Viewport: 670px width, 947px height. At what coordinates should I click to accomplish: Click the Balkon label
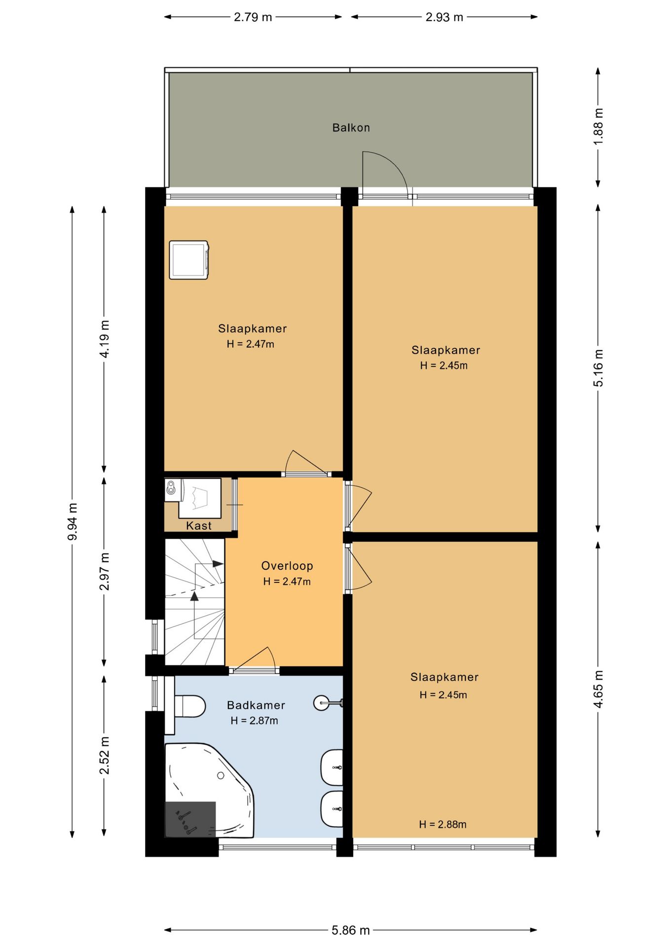tap(351, 128)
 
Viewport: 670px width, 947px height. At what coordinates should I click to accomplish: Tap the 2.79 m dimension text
tap(253, 17)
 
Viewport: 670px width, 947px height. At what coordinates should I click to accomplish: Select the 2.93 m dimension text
tap(444, 17)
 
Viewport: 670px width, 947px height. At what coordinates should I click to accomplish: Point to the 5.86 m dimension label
tap(350, 930)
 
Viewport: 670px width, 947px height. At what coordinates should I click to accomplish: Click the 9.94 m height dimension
tap(73, 521)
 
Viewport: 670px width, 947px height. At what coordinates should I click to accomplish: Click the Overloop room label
tap(287, 566)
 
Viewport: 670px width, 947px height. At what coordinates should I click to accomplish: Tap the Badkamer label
tap(256, 705)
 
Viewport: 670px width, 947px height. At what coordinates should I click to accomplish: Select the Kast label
tap(199, 526)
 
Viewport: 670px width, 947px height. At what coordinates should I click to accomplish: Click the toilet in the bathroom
tap(190, 706)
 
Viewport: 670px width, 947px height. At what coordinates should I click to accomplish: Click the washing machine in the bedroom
tap(189, 260)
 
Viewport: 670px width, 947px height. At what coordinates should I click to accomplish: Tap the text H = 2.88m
tap(443, 824)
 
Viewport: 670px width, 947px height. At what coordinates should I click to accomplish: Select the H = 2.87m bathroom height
tap(254, 721)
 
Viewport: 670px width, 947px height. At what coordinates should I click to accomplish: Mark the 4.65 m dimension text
tap(598, 689)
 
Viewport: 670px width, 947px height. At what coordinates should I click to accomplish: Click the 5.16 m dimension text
tap(598, 368)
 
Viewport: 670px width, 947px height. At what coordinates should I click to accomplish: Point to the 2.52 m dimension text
tap(104, 755)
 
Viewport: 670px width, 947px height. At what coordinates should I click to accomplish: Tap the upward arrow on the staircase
tap(194, 596)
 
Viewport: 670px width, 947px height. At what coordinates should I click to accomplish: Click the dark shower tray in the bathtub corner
tap(190, 819)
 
